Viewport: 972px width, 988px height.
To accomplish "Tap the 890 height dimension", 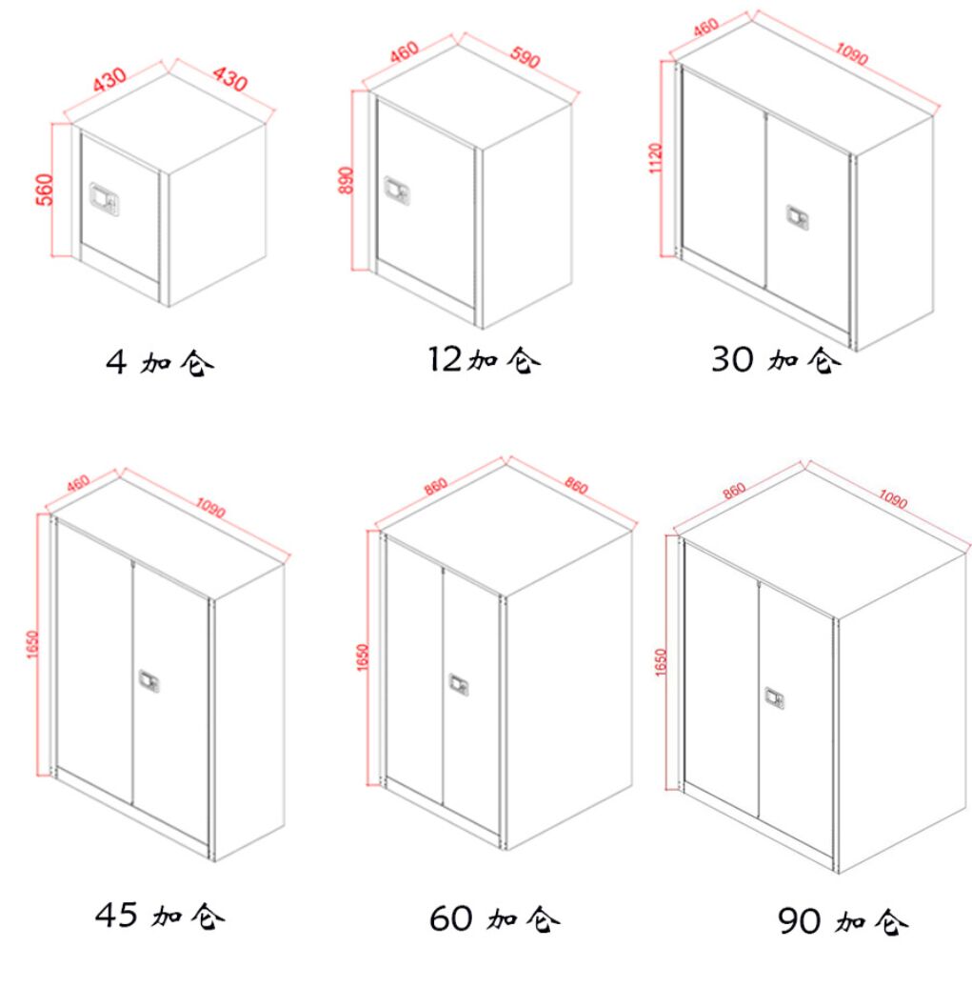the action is (x=347, y=180).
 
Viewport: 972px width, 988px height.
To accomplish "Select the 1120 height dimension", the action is (x=656, y=158).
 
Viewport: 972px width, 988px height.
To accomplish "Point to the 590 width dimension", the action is (x=525, y=57).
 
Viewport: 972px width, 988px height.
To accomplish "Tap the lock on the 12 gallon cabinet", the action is (x=397, y=190).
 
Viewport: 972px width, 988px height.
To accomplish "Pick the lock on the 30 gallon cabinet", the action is (x=797, y=217).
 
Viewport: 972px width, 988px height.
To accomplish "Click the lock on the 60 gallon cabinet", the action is (x=459, y=685).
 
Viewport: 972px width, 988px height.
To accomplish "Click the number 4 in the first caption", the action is (x=116, y=362).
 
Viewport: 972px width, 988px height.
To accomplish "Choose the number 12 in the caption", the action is (x=446, y=358).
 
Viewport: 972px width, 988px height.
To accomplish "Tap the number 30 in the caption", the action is (x=732, y=359).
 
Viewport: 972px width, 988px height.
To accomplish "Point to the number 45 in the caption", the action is (x=116, y=915).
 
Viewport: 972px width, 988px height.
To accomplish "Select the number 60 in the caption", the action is (x=450, y=918).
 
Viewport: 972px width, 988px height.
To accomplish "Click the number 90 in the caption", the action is (x=800, y=921).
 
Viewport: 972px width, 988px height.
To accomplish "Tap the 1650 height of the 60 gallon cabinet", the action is (x=363, y=657).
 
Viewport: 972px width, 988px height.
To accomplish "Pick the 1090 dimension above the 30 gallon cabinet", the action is (x=852, y=53).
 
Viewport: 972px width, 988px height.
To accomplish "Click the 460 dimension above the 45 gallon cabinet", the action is (x=78, y=483).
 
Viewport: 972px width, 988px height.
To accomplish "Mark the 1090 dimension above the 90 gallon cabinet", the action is (x=893, y=499).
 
